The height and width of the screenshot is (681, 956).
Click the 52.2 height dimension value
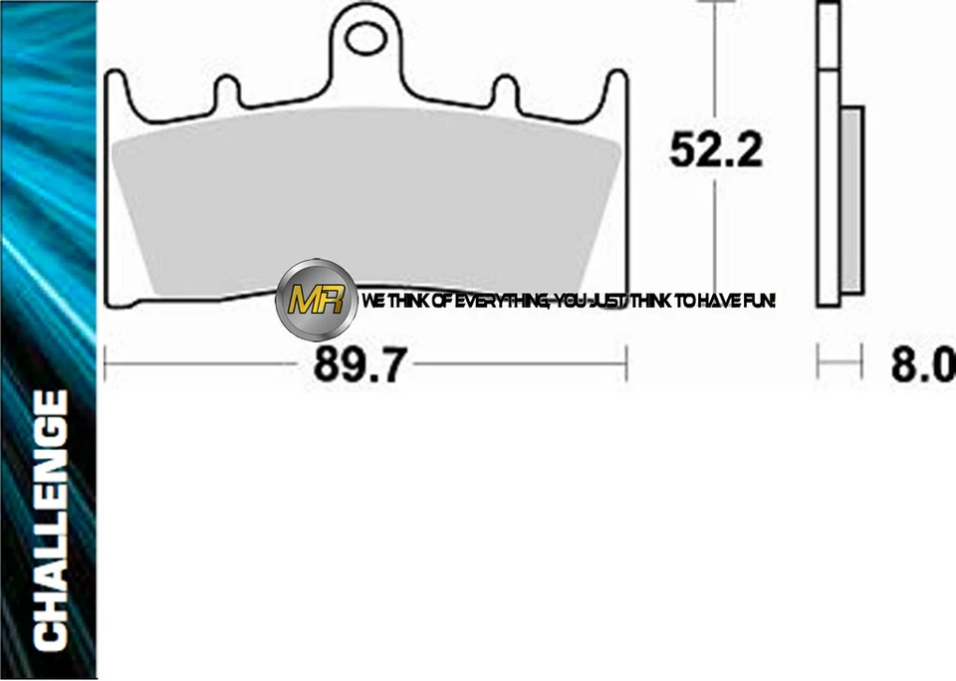716,150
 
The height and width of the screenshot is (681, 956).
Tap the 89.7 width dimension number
359,365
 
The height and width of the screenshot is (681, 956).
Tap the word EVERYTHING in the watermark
498,300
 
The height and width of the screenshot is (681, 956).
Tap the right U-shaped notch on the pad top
506,94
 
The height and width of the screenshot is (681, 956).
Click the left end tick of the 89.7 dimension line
106,363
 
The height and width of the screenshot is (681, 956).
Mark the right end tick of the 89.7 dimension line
626,363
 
